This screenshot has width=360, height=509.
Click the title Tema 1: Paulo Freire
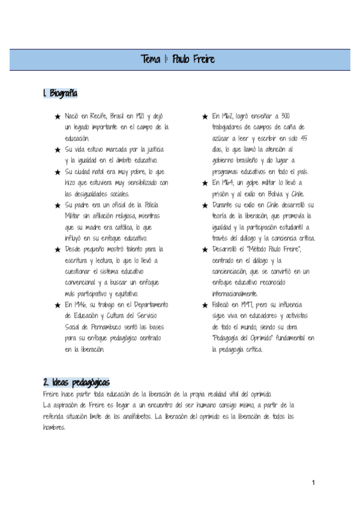(178, 59)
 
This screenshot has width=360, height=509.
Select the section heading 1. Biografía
(60, 94)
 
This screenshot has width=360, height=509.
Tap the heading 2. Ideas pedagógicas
(76, 382)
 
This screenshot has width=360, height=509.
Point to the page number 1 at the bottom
(313, 483)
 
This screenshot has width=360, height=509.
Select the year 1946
(85, 305)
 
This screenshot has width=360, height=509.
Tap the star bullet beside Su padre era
(57, 205)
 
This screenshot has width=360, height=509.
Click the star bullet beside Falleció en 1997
(205, 306)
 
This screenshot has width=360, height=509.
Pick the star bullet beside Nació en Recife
(57, 117)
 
